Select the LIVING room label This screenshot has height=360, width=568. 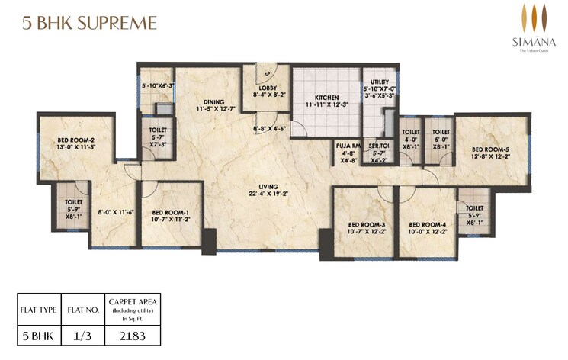pos(267,187)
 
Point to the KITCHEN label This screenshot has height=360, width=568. pos(326,98)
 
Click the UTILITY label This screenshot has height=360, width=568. pos(380,82)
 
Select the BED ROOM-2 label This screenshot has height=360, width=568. pos(75,140)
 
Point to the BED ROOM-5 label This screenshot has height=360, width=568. pos(489,149)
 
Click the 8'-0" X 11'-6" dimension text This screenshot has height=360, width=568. pos(116,212)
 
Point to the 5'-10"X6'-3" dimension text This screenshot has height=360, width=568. pos(157,86)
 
